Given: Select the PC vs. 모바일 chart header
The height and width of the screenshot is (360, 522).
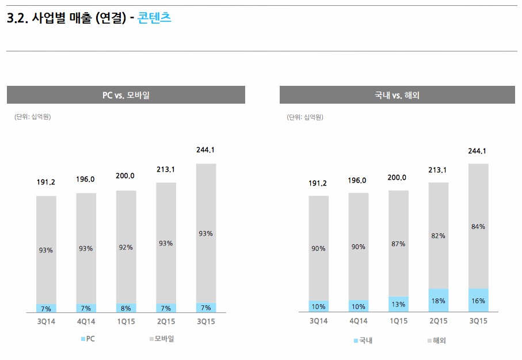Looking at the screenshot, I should point(125,95).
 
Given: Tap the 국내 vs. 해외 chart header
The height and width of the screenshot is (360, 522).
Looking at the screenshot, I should point(397,95).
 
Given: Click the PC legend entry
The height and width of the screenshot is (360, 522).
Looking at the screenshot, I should point(87,339).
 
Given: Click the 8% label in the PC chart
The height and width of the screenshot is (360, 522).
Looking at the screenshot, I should point(126,308).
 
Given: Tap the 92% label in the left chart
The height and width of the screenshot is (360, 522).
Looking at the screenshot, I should point(126,247).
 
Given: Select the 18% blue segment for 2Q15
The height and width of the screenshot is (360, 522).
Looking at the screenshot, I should point(439,301).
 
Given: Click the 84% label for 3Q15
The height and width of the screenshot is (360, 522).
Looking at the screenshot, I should point(478,226).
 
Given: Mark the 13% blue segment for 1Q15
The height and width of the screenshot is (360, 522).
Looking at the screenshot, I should point(398,305).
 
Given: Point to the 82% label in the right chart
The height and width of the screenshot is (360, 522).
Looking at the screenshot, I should point(439,236).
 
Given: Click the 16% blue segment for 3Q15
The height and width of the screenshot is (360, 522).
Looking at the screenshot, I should point(478,301).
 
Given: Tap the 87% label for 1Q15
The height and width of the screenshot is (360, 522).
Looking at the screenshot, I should point(398,244).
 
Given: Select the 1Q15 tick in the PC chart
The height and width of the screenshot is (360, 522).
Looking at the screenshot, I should point(126,321).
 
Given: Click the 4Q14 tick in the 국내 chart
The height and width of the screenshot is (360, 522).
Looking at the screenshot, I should point(358,321).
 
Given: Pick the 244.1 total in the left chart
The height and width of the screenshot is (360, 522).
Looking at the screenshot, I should point(205,150).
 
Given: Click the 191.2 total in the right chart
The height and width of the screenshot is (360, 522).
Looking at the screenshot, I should point(318,183).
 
